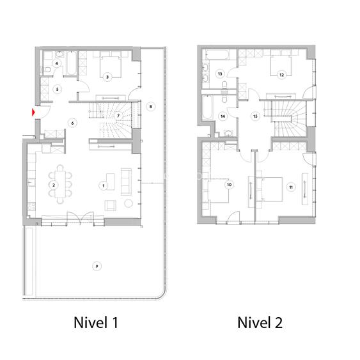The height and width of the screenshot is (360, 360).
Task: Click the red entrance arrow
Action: click(x=33, y=113)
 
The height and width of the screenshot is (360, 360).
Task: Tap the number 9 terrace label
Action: click(x=97, y=267)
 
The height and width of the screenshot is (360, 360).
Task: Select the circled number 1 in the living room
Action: click(x=104, y=185)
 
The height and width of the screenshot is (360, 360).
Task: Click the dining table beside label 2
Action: click(x=60, y=184)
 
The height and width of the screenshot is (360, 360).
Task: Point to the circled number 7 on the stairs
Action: click(x=118, y=116)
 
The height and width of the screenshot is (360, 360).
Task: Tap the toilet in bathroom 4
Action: click(x=47, y=69)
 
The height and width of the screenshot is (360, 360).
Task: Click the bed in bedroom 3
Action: click(x=110, y=66)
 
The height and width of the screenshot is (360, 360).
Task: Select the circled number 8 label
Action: click(x=151, y=106)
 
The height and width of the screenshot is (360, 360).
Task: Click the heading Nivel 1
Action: click(x=96, y=322)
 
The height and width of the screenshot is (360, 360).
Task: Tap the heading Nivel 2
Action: click(x=260, y=322)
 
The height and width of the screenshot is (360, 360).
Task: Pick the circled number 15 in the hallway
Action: click(x=255, y=116)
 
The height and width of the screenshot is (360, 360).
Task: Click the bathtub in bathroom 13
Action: click(x=217, y=54)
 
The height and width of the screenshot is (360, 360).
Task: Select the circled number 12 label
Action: click(x=281, y=75)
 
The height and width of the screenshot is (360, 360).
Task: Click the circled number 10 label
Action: click(x=229, y=185)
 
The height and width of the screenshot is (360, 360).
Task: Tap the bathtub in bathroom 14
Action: click(x=208, y=107)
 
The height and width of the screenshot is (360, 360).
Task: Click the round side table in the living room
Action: click(x=129, y=203)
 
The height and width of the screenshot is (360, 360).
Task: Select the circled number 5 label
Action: click(x=58, y=89)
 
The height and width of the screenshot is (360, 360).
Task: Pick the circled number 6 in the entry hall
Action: click(x=72, y=123)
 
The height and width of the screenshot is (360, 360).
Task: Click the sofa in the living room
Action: click(x=126, y=182)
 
